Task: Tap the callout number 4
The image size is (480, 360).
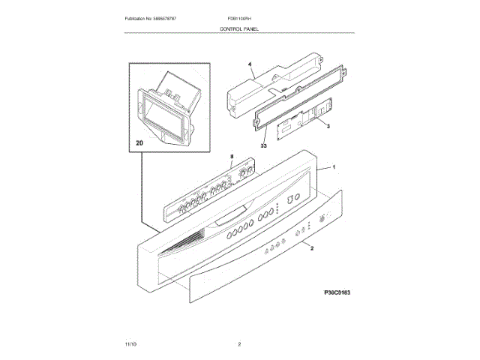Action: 250,66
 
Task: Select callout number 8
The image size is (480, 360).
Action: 232,157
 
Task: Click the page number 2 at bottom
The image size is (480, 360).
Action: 239,344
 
